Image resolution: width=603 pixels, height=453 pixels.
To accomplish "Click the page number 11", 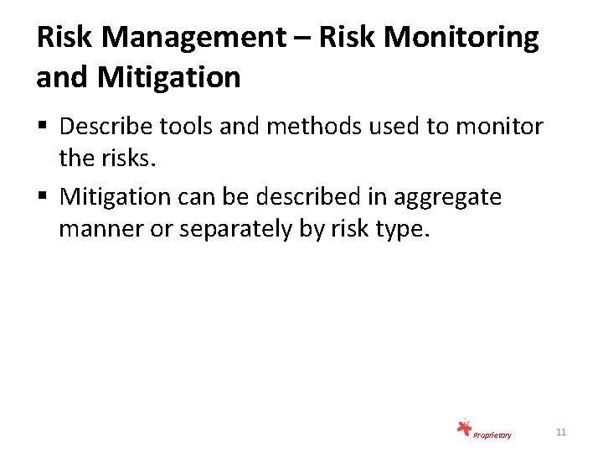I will coord(561,432).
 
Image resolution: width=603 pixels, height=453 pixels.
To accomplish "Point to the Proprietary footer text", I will coord(492,435).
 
